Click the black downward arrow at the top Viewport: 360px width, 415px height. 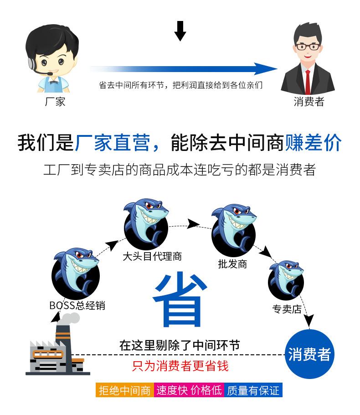[180, 31]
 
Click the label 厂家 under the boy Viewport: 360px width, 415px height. [55, 101]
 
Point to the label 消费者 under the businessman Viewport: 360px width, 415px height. [309, 101]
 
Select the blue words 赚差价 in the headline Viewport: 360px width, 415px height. [313, 143]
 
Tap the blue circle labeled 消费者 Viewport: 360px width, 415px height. [309, 354]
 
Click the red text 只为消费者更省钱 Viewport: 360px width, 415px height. [180, 366]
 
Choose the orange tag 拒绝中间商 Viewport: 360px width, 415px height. [124, 390]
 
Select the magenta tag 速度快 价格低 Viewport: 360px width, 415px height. [189, 390]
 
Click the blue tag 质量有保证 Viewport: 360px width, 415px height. [253, 390]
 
